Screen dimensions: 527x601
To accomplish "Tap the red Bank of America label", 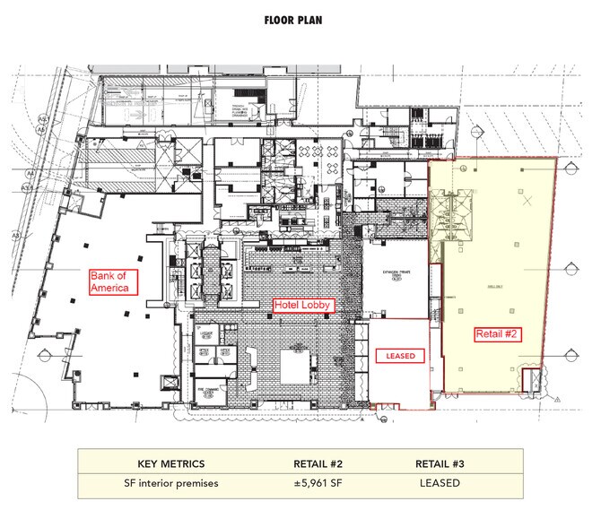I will point(114,282).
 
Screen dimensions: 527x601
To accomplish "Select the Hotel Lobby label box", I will point(304,306).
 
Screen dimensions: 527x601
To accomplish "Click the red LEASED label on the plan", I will point(400,356).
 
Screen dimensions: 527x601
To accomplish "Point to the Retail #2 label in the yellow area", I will point(499,333).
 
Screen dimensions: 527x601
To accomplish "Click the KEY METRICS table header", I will point(170,463).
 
